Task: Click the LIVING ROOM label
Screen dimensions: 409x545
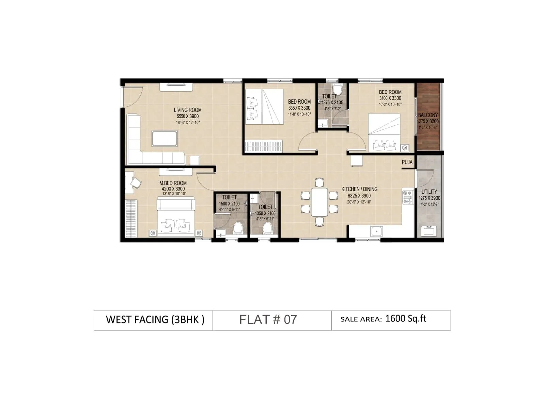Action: click(188, 110)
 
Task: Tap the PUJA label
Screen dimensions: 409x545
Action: click(407, 162)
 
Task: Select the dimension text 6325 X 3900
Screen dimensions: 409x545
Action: click(359, 196)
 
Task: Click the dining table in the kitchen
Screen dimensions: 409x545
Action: click(319, 202)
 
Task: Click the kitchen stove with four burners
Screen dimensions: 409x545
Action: click(407, 197)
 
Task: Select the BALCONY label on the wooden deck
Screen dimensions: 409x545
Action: click(428, 115)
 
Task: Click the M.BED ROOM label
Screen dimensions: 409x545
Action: click(173, 183)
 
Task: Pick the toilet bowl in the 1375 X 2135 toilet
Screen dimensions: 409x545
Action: click(337, 89)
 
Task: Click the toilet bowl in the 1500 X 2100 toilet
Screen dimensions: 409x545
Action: click(238, 228)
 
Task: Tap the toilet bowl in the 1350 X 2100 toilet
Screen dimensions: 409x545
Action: click(268, 228)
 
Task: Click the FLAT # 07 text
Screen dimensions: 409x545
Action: click(268, 320)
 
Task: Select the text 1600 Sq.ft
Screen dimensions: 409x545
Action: click(406, 319)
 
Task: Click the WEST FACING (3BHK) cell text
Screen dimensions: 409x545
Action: click(155, 320)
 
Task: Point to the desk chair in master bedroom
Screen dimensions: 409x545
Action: click(136, 183)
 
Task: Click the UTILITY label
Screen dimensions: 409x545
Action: click(429, 192)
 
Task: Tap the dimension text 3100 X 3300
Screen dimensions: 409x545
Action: click(390, 98)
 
